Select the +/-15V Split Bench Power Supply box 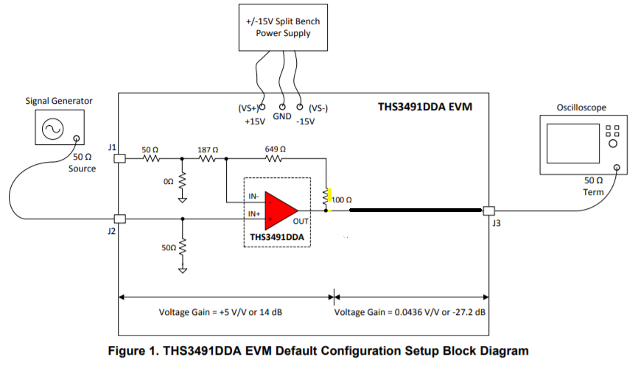(284, 27)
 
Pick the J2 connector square (119, 219)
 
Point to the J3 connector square (487, 210)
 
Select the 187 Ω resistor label (208, 148)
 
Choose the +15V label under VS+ (254, 122)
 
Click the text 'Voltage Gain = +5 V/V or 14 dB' (221, 312)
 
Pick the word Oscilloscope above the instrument (581, 107)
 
